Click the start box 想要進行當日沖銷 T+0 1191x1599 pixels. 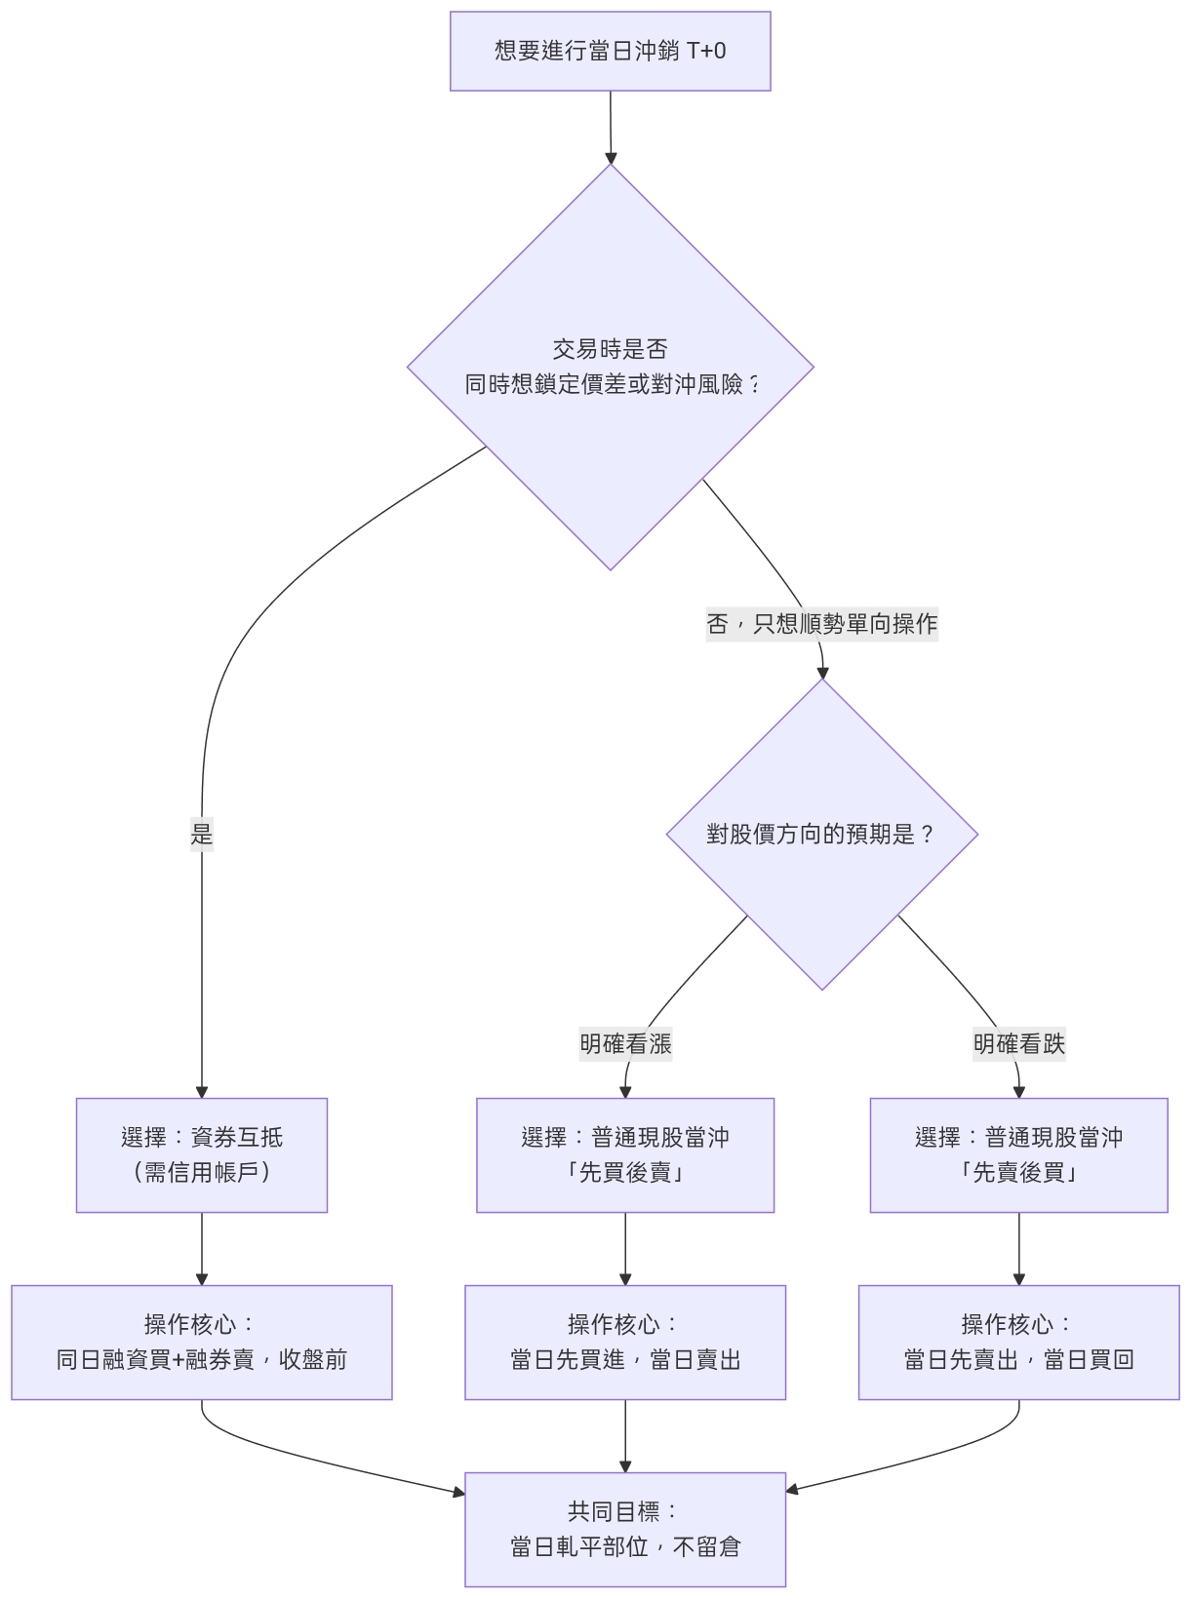tap(610, 52)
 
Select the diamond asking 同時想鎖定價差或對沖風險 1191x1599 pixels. tap(611, 368)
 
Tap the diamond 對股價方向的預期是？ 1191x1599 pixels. tap(821, 835)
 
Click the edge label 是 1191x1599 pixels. tap(202, 835)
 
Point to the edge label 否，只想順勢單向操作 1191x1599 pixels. tap(821, 624)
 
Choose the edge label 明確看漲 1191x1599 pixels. tap(625, 1044)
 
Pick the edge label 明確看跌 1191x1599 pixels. tap(1018, 1044)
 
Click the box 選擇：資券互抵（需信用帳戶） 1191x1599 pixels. tap(202, 1155)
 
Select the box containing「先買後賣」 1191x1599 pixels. tap(625, 1155)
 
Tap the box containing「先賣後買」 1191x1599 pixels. tap(1018, 1155)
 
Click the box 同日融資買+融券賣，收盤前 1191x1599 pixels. tap(202, 1343)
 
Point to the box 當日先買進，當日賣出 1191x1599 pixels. tap(625, 1343)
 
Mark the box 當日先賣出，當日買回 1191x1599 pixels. tap(1018, 1343)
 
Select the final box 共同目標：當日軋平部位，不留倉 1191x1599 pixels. tap(625, 1530)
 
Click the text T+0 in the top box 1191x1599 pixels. tap(706, 51)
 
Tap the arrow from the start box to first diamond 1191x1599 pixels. tap(611, 128)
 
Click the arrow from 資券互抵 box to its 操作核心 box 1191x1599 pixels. tap(202, 1249)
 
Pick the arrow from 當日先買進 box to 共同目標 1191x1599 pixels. tap(625, 1436)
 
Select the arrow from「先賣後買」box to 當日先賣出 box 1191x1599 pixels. tap(1019, 1249)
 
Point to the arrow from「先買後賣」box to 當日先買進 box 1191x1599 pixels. tap(625, 1249)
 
